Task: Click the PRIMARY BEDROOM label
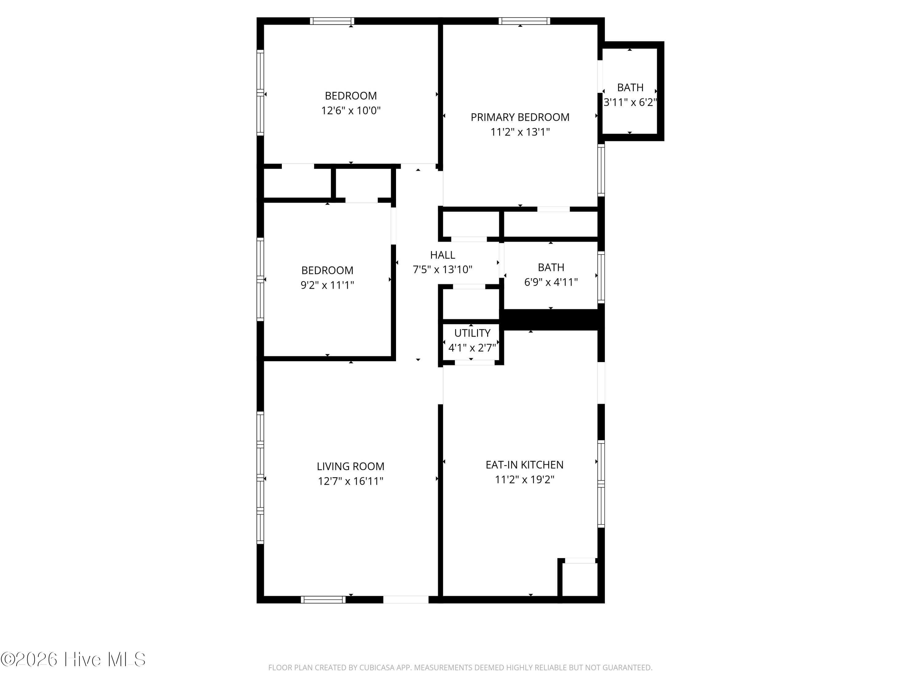pos(520,117)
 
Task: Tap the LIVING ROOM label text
pos(351,467)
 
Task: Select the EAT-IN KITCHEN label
pos(525,465)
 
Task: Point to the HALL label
pos(443,255)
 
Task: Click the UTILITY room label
pos(472,333)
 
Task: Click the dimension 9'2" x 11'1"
pos(327,285)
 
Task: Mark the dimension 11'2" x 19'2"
pos(525,480)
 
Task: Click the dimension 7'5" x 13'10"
pos(443,269)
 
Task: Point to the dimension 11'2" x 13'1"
pos(520,132)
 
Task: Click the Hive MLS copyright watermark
pos(73,659)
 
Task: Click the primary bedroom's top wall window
pos(524,21)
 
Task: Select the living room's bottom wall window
pos(323,600)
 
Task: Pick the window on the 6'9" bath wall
pos(601,277)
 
